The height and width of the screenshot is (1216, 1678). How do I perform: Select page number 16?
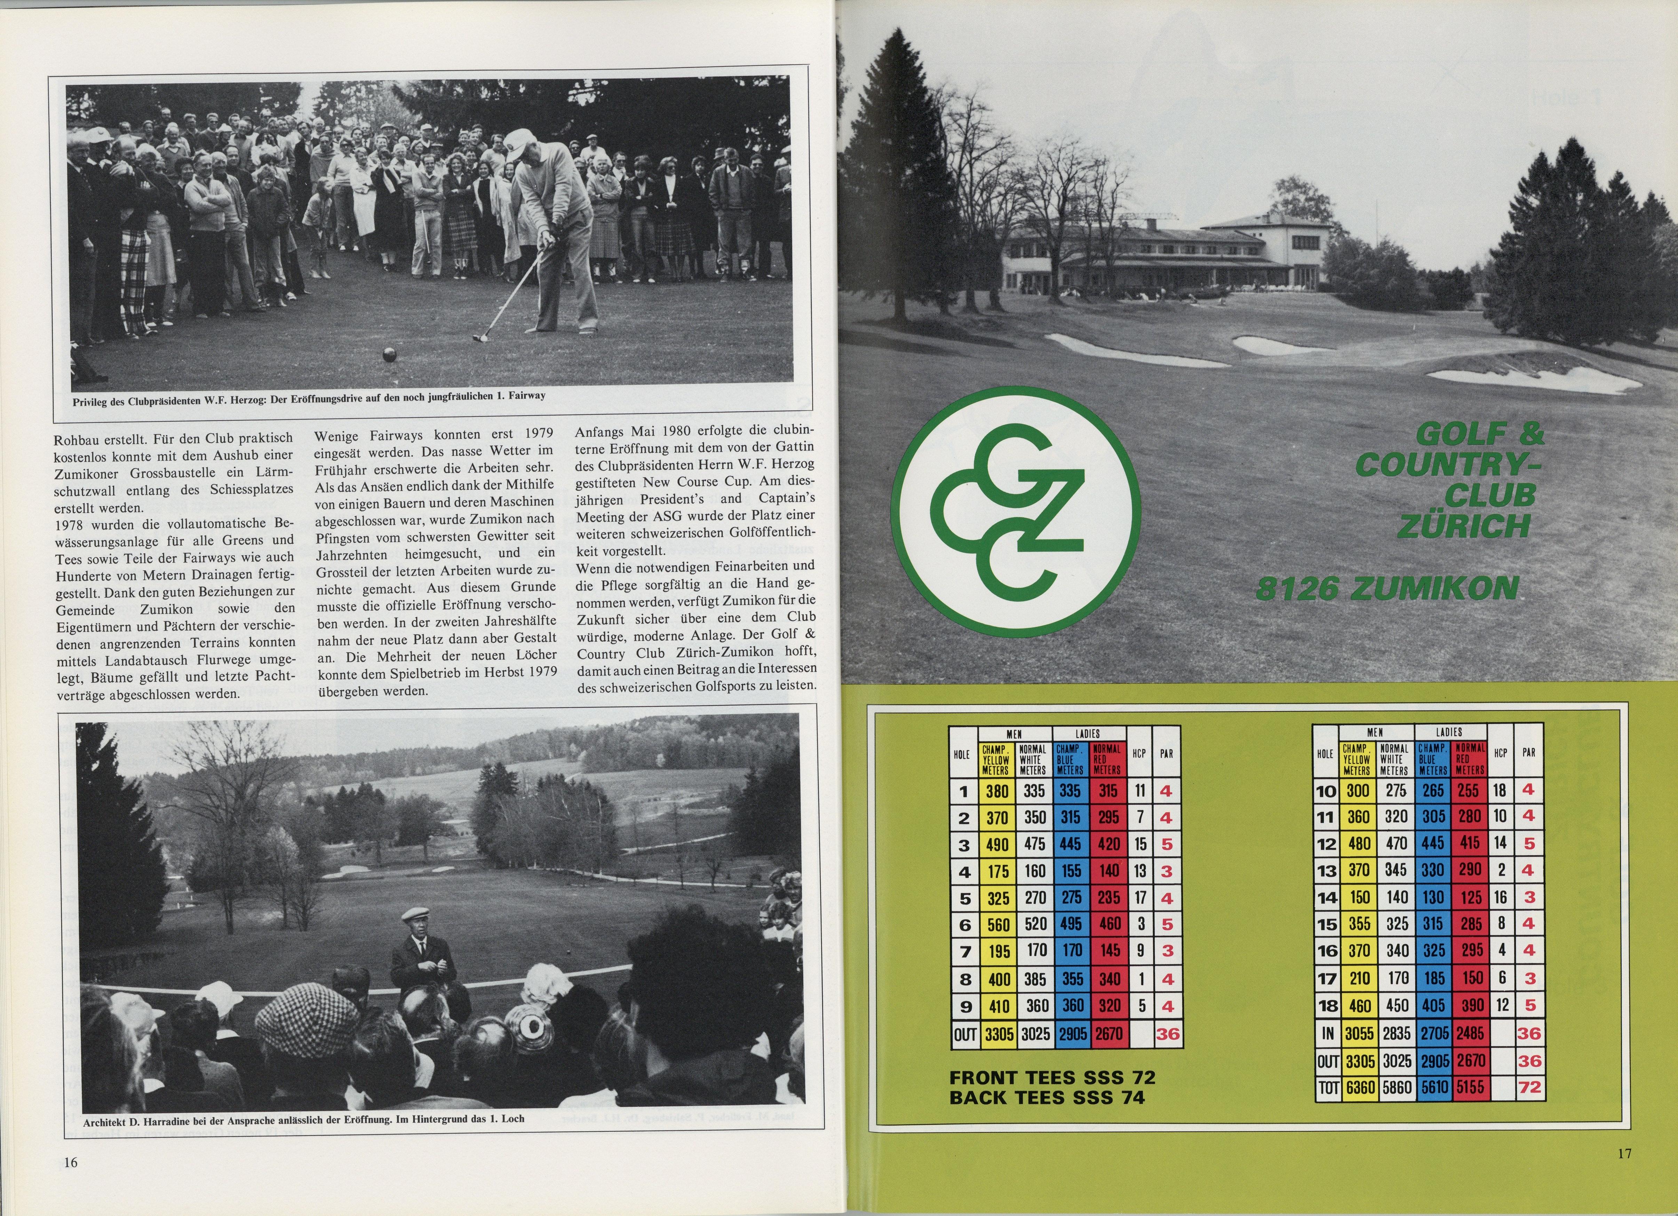tap(70, 1162)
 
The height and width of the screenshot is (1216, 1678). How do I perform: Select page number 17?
tap(1625, 1152)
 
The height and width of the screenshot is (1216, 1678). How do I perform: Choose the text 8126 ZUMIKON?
tap(1386, 589)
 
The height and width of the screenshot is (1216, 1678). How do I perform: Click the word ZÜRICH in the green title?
tap(1463, 526)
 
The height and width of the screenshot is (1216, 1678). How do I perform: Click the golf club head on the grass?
tap(479, 338)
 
